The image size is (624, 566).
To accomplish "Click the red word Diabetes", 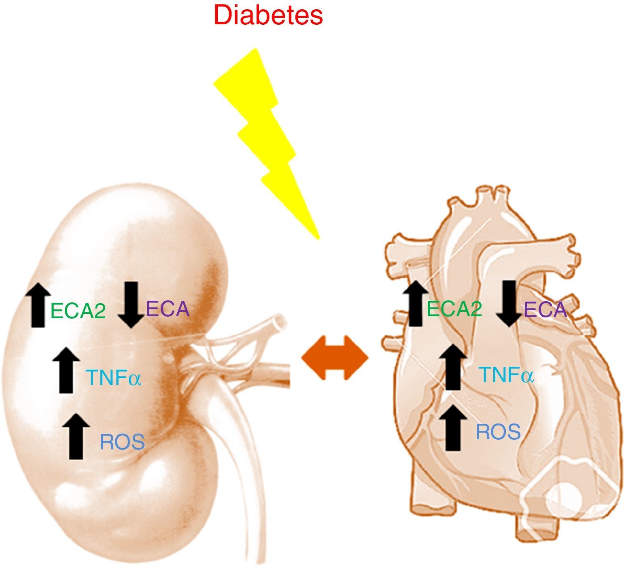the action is (268, 15).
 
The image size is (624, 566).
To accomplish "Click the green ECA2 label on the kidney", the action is (78, 311).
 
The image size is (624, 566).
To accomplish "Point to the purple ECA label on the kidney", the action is (168, 309).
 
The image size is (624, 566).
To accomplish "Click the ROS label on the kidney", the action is (122, 442).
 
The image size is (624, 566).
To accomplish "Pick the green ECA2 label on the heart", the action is (454, 309).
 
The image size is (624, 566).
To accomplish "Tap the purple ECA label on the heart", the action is (545, 310).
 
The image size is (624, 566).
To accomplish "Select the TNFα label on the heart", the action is (506, 375).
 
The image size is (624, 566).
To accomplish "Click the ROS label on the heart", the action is (498, 432).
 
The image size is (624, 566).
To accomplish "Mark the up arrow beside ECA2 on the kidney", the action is (38, 305).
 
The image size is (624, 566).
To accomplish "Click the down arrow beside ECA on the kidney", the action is (131, 304).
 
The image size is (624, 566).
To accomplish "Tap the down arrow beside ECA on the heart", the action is (509, 303).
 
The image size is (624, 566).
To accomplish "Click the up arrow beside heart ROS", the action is (453, 428).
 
